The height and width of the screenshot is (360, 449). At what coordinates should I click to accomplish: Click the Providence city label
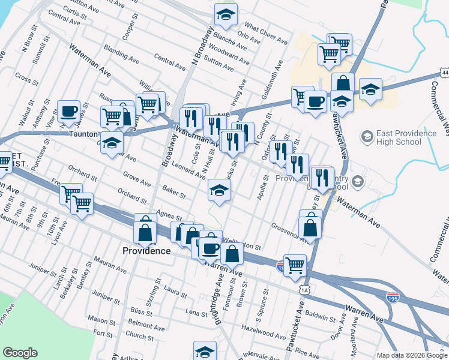(x=146, y=250)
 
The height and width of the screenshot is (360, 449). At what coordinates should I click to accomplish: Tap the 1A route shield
(x=306, y=289)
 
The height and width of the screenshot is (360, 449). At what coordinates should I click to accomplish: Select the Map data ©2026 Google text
(x=412, y=355)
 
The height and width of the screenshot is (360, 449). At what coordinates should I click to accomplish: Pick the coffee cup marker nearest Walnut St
(x=68, y=111)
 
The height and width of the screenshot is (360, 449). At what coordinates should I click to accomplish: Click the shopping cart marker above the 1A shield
(x=294, y=265)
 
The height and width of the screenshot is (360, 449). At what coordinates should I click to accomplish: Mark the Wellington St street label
(x=242, y=245)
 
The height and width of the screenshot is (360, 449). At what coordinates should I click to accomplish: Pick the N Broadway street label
(x=202, y=46)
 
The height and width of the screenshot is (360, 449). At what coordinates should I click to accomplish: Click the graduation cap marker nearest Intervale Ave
(x=205, y=350)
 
